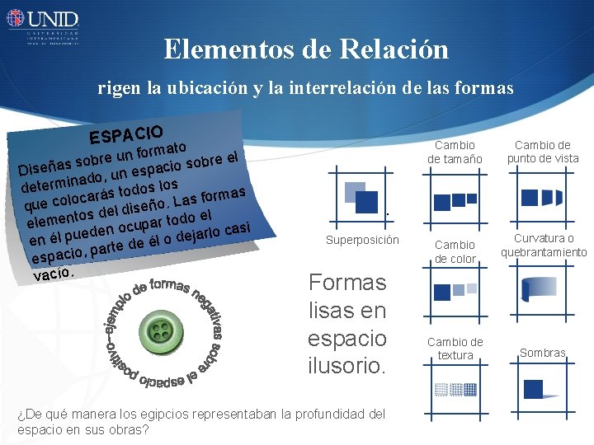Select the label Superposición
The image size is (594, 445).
tap(362, 241)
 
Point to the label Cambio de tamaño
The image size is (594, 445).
tap(455, 152)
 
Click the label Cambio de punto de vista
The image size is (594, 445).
tap(543, 152)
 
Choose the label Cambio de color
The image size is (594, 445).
tap(455, 251)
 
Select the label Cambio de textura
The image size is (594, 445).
tap(455, 349)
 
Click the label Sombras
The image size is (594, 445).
tap(542, 354)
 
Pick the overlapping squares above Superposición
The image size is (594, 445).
tap(357, 194)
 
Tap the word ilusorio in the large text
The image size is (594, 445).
tap(346, 365)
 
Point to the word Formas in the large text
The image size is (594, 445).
tap(346, 283)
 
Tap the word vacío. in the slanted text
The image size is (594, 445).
tap(54, 273)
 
